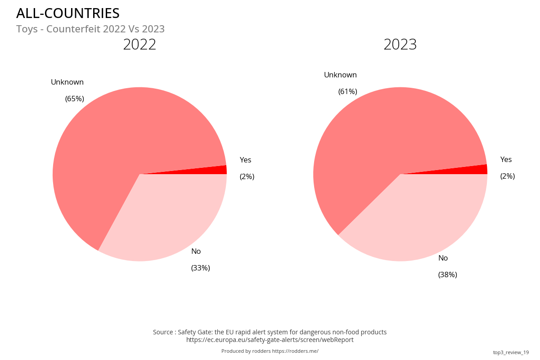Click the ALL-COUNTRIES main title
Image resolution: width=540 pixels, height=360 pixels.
point(68,13)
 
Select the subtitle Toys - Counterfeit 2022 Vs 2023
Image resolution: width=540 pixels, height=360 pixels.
point(90,29)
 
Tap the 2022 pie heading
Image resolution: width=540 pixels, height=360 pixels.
point(139,45)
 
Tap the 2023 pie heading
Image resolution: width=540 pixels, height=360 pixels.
point(400,45)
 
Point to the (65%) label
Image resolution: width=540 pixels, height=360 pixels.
point(75,99)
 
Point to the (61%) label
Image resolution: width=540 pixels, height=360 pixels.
point(348,91)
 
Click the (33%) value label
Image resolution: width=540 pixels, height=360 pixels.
point(201,268)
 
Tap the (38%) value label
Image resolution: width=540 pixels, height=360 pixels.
point(448,274)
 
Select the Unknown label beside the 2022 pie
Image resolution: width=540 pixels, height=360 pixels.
point(67,82)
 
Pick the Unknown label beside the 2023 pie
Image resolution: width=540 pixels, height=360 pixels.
point(341,75)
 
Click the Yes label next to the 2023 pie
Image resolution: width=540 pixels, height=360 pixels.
point(506,159)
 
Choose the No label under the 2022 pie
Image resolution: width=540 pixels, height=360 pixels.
point(196,251)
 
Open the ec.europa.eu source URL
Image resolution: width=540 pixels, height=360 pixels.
point(270,340)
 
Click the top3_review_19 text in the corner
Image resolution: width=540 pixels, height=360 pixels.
point(511,352)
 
